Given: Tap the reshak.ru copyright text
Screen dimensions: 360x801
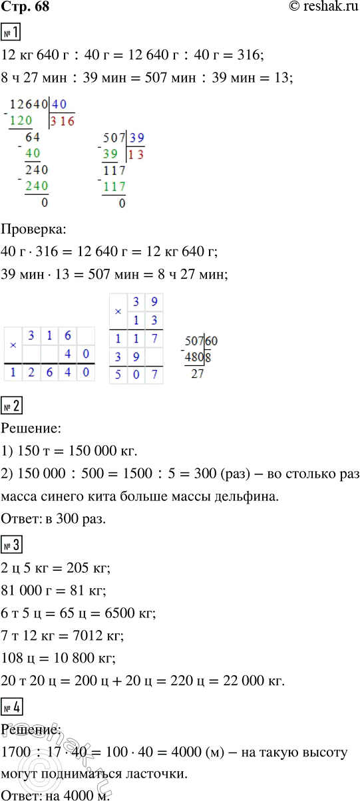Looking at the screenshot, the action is pos(315,9).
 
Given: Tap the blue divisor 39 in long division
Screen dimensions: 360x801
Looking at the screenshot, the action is pos(136,138).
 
